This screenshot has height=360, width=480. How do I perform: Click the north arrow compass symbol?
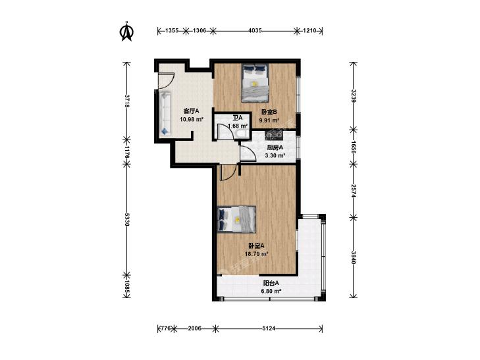tap(126, 31)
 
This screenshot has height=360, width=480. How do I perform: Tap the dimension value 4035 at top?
tap(255, 30)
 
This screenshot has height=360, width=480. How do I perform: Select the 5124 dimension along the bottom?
tap(269, 328)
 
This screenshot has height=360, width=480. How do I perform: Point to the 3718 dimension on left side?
tap(126, 101)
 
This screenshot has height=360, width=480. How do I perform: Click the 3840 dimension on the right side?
tap(354, 257)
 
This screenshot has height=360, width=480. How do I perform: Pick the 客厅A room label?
tap(192, 111)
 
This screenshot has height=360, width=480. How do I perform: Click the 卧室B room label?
tap(269, 112)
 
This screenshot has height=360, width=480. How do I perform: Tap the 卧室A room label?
tap(256, 245)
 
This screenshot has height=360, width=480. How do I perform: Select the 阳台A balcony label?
tap(271, 283)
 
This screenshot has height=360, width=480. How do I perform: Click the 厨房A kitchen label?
tap(275, 147)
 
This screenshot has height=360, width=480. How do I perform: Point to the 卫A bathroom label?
tap(238, 118)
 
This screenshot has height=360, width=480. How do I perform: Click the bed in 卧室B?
tap(255, 82)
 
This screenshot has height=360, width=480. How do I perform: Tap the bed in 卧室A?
tap(236, 219)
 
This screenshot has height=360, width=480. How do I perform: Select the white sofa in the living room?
tap(165, 114)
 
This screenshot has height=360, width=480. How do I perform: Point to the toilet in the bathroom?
tap(242, 134)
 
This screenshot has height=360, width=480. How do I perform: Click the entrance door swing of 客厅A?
tap(166, 81)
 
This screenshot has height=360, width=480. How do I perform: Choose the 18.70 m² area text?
tap(257, 254)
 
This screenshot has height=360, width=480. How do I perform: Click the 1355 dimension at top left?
tap(172, 30)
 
